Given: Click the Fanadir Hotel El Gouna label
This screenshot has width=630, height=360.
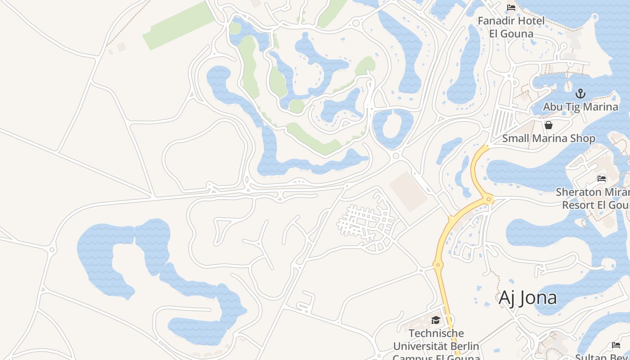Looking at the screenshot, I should pos(511,27).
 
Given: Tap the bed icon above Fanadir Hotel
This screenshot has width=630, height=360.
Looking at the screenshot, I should pos(511,8).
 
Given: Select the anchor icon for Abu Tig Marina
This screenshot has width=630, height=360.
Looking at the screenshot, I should pos(580,94).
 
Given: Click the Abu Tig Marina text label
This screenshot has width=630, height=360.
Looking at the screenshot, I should pos(580,107).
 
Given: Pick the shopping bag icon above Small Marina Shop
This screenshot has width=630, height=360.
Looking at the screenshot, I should pos(549,125).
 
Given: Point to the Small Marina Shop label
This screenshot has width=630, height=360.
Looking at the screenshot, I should pos(549,138).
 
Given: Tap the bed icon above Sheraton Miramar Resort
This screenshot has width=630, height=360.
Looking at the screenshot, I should pos(602,179).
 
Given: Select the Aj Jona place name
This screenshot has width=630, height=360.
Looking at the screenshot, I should pos(527,298).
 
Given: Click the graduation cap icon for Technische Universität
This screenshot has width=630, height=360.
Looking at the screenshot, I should pos(436,320).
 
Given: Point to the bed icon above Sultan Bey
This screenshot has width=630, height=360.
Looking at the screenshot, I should pos(616,345).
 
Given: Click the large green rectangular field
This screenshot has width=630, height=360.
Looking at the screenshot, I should pos(179,26).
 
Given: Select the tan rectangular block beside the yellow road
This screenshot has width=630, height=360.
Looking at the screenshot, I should pos(408,191).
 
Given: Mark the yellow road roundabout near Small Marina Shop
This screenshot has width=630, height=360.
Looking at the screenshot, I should pos(489,198).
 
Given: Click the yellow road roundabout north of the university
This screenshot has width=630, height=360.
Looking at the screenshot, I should pos(438,265).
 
